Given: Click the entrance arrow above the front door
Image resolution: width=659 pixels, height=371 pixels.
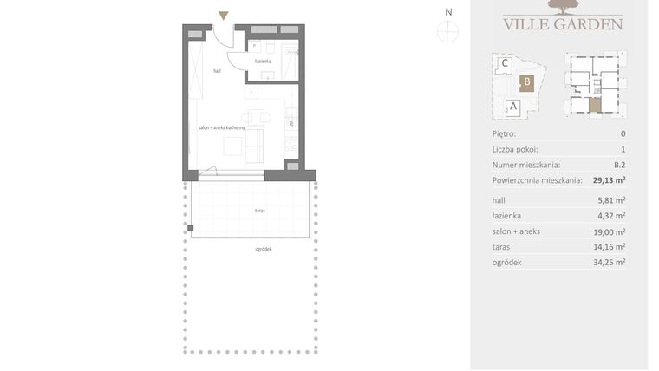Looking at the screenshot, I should coord(224,15).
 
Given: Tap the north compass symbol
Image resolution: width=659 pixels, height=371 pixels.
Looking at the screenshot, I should coord(447,30).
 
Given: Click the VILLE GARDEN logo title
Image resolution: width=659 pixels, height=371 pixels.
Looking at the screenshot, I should coord(563,24).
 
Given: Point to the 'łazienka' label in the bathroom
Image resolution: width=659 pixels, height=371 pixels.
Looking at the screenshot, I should coord(263,62).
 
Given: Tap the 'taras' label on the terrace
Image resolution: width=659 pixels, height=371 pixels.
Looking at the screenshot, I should coord(260,210).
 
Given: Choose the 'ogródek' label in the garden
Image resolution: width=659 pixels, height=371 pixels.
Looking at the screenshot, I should coord(264,249).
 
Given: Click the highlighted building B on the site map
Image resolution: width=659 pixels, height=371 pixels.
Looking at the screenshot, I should coord(525,83).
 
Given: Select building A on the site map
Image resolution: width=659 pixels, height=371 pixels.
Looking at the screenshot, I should coord(512,107).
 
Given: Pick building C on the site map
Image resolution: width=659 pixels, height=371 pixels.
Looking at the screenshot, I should coord(504,62).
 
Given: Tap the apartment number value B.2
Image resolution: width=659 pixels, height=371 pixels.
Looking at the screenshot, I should coord(619,165).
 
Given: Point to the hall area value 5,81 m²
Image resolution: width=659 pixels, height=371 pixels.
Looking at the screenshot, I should coord(610,200).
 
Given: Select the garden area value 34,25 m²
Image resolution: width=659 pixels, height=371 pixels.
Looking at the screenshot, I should coord(609,262).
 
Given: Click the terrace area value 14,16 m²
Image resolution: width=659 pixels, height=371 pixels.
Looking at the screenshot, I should coord(609,246).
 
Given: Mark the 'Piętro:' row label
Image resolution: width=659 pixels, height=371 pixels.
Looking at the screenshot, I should coord(504,134).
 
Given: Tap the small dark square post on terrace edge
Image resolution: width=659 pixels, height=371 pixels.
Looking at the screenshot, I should coord(192,229).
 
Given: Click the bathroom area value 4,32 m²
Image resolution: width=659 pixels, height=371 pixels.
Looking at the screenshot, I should coord(610,216).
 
